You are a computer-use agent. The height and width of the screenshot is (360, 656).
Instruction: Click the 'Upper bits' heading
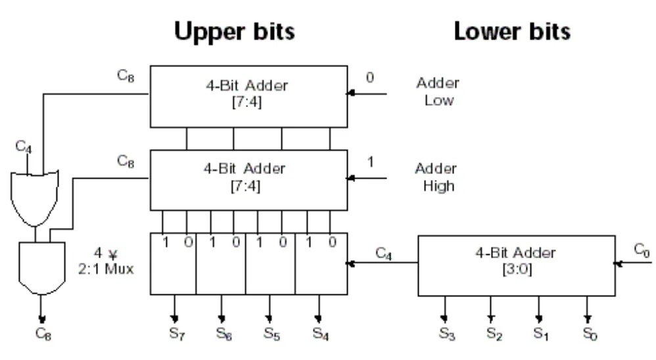click(234, 32)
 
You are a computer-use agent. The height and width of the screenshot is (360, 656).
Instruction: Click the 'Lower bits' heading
click(512, 32)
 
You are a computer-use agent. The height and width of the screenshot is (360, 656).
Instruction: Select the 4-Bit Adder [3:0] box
click(516, 266)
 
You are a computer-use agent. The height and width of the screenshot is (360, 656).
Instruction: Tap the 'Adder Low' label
click(438, 91)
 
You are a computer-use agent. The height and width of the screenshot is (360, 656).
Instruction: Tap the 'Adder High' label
click(436, 177)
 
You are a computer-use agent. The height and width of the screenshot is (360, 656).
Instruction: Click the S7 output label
click(177, 333)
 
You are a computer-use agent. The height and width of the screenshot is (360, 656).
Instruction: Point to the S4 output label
click(321, 333)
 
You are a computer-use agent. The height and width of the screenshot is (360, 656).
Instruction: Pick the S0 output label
click(590, 334)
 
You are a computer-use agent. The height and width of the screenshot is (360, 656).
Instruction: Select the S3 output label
click(447, 334)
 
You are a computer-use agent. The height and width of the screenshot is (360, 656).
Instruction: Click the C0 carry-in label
click(642, 250)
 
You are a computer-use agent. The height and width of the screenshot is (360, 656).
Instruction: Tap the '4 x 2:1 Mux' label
click(106, 261)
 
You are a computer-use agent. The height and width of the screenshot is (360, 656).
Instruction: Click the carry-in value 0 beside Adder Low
click(370, 78)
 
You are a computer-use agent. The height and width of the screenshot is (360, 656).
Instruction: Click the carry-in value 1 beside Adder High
click(370, 162)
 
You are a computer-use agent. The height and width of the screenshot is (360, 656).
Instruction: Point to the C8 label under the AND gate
click(43, 334)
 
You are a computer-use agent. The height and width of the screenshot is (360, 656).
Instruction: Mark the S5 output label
click(272, 333)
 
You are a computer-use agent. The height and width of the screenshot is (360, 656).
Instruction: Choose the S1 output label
click(541, 334)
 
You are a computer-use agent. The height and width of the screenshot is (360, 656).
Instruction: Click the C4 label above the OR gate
click(24, 146)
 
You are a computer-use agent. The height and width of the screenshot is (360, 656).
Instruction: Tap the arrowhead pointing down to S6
click(222, 319)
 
